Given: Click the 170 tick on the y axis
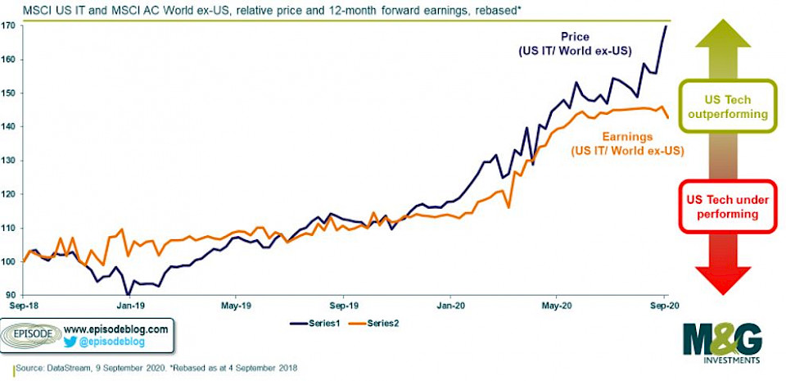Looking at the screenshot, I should pos(9,26).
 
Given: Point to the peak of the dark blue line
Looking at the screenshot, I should pos(665,26).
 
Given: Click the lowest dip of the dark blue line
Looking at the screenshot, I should pos(127,293).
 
